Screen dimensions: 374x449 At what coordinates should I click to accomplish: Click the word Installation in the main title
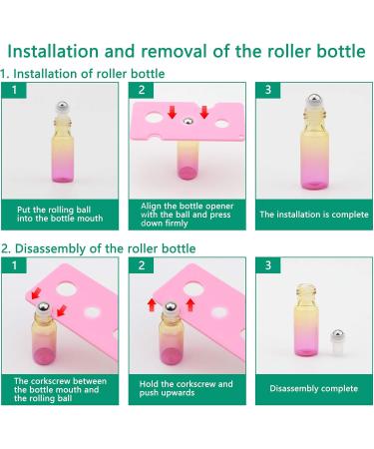pyautogui.click(x=53, y=51)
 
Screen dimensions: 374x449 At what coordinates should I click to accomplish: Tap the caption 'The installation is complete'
pyautogui.click(x=314, y=215)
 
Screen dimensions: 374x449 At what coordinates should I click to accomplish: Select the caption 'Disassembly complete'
pyautogui.click(x=314, y=388)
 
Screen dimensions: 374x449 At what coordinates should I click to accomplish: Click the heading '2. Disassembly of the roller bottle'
pyautogui.click(x=99, y=248)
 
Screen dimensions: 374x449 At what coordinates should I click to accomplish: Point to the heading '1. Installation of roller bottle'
pyautogui.click(x=83, y=74)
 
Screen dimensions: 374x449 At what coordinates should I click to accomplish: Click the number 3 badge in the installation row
pyautogui.click(x=268, y=90)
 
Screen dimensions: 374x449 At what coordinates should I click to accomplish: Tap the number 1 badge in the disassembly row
pyautogui.click(x=14, y=265)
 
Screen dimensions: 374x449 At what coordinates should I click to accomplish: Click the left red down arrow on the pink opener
pyautogui.click(x=172, y=112)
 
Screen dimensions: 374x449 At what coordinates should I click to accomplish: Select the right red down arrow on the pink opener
pyautogui.click(x=204, y=112)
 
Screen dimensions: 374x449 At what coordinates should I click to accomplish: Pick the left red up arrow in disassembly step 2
pyautogui.click(x=152, y=304)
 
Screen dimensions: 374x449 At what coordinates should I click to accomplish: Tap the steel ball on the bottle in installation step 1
pyautogui.click(x=63, y=106)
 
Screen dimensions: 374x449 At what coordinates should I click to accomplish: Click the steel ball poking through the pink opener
pyautogui.click(x=188, y=122)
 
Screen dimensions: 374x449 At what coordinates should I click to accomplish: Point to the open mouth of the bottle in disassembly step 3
pyautogui.click(x=305, y=285)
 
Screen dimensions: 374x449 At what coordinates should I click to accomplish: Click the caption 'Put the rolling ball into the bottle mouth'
pyautogui.click(x=60, y=215)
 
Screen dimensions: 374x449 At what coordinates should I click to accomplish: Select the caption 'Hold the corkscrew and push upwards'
pyautogui.click(x=187, y=388)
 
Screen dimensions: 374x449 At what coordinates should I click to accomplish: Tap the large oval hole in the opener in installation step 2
pyautogui.click(x=154, y=117)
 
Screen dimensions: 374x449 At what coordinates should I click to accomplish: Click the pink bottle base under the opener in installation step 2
pyautogui.click(x=187, y=173)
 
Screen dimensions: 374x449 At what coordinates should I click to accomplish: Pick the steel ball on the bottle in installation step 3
pyautogui.click(x=314, y=99)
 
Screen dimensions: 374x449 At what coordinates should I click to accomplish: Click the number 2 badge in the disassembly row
pyautogui.click(x=142, y=265)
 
